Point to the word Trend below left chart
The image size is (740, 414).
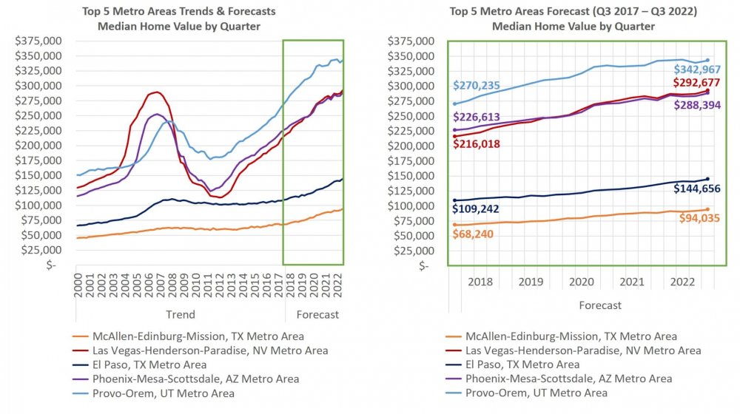point(181,314)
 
